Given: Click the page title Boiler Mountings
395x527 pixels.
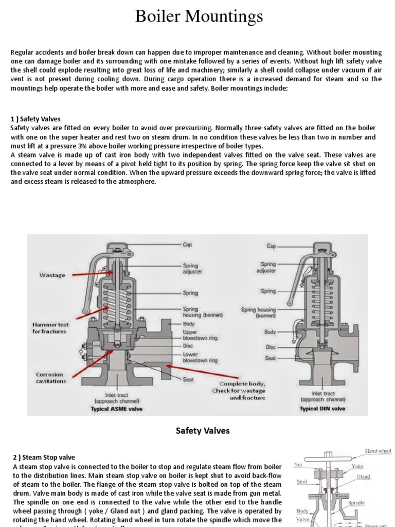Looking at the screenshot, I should [199, 17].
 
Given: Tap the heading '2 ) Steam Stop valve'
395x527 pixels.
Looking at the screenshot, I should [44, 457].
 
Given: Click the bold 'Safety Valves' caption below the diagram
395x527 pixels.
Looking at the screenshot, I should [203, 431].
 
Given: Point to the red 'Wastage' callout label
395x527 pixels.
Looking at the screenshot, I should [52, 275].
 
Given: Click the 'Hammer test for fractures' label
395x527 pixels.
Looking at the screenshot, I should [50, 328].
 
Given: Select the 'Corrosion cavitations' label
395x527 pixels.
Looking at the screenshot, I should [50, 378].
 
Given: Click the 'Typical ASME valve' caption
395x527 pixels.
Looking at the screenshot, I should [117, 409].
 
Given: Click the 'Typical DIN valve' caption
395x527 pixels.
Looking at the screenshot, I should [322, 409].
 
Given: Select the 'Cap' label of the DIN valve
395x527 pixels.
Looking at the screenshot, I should [271, 246].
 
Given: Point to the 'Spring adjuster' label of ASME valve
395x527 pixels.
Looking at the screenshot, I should [192, 268].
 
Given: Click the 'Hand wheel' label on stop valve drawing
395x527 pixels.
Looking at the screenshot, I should [378, 451].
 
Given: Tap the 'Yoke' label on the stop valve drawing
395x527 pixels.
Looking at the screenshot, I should [357, 466].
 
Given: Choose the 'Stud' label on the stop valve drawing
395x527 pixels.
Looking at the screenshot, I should [302, 482].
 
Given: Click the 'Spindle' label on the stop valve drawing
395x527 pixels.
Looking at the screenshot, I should [356, 502].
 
